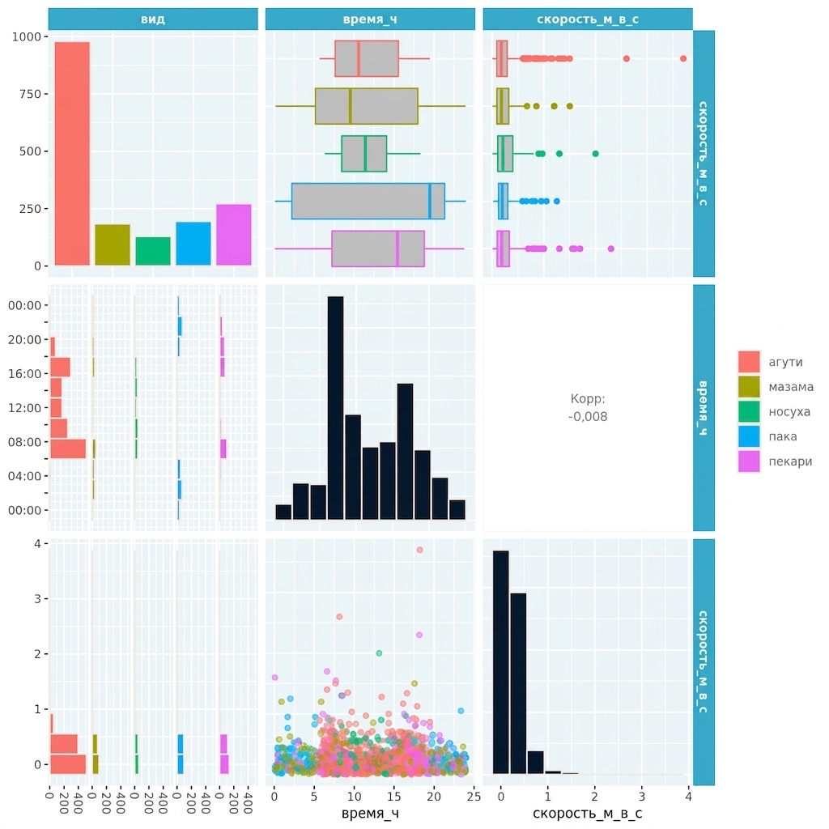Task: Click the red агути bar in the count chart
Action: point(72,153)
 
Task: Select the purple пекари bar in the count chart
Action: point(234,235)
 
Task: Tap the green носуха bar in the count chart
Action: point(153,251)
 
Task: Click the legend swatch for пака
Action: point(749,436)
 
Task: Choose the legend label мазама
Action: point(791,387)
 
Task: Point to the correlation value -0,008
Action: point(588,417)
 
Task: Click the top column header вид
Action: point(153,19)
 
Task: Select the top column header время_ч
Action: point(370,19)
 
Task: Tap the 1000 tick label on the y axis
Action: point(27,36)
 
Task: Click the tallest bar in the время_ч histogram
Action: point(336,408)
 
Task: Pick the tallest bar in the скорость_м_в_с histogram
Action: point(500,662)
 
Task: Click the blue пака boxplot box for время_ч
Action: point(368,201)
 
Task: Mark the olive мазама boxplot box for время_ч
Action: point(367,106)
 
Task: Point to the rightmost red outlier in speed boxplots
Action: point(683,58)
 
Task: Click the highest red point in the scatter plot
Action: point(419,550)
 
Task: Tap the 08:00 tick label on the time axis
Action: point(24,442)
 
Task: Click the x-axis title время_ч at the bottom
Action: point(370,813)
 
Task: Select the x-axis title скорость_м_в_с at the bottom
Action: point(588,813)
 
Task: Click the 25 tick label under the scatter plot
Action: point(474,797)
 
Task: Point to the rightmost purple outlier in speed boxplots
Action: point(611,249)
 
